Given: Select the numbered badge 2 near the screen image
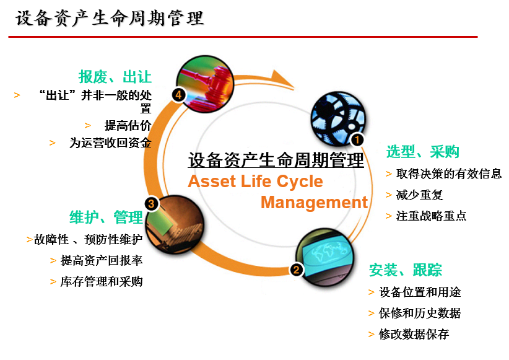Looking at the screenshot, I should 297,270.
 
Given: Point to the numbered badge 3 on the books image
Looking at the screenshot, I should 151,203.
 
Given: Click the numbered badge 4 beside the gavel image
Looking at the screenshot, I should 179,95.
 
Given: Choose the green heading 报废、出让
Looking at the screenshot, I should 115,77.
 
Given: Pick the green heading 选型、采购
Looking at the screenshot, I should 423,152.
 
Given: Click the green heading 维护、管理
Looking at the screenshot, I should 107,217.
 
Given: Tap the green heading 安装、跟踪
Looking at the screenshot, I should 406,270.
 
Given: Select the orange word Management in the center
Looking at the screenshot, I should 314,203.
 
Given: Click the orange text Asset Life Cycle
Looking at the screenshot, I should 255,182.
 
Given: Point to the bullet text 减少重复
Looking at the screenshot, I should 420,195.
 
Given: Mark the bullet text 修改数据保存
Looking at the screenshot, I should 414,335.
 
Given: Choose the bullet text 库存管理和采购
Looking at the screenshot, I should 102,282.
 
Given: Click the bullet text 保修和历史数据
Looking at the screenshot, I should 420,314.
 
